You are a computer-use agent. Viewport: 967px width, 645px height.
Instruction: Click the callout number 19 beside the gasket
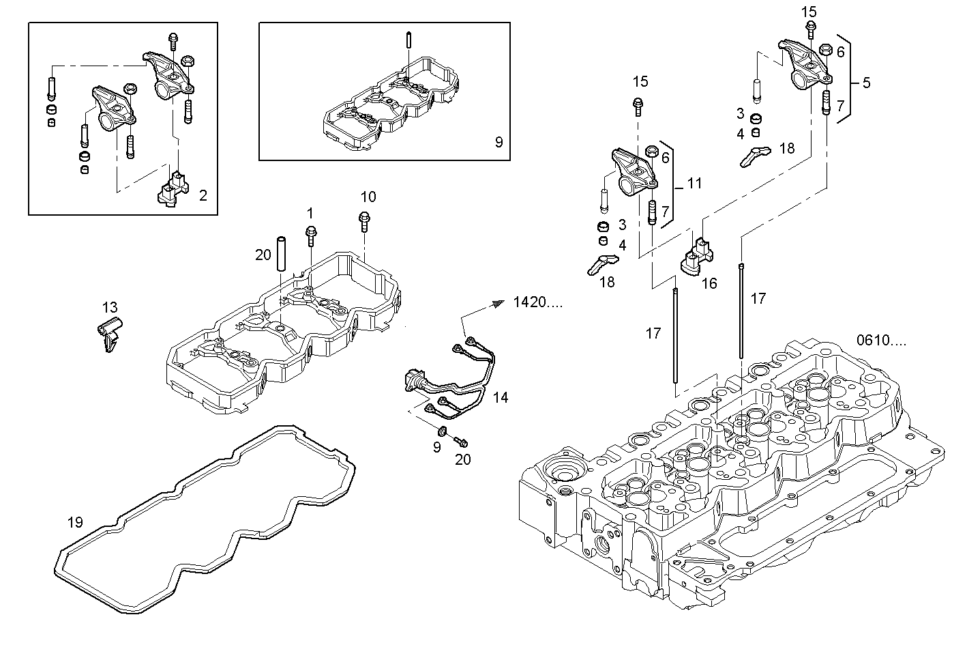(x=75, y=522)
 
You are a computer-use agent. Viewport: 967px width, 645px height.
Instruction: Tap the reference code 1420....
(x=538, y=302)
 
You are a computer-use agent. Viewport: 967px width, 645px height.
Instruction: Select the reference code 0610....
(x=882, y=341)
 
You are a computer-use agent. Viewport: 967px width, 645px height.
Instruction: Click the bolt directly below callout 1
(x=311, y=234)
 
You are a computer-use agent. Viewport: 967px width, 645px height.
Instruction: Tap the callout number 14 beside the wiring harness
(x=501, y=397)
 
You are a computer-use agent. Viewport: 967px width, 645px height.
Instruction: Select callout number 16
(x=709, y=283)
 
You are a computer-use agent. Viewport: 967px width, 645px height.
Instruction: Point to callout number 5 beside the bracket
(x=866, y=83)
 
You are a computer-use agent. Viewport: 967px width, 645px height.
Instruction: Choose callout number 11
(x=694, y=183)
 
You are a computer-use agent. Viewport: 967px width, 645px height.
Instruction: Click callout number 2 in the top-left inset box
(x=203, y=196)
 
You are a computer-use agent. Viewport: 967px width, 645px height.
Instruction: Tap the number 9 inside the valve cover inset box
(x=499, y=142)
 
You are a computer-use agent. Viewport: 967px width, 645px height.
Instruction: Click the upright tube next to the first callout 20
(x=281, y=253)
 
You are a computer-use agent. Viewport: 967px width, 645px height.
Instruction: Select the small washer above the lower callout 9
(x=441, y=431)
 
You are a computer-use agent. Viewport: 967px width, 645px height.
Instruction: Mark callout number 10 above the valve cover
(x=368, y=197)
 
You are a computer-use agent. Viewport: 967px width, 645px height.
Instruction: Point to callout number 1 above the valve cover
(x=310, y=213)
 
